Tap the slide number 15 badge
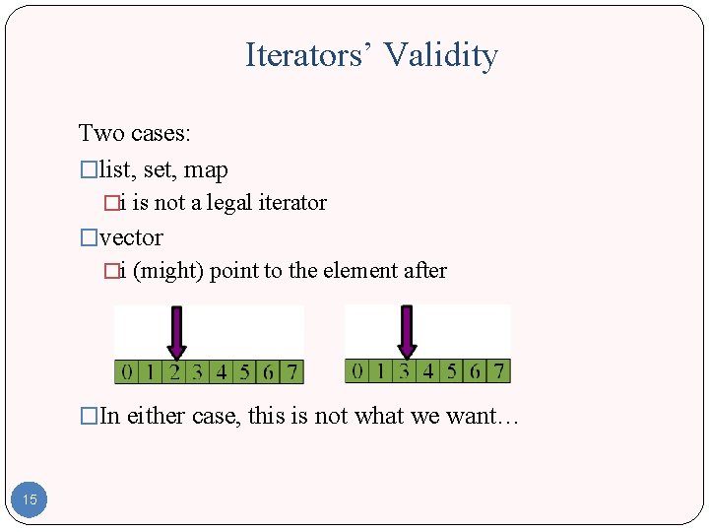(30, 499)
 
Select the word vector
(131, 237)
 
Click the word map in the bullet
(206, 170)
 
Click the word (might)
(168, 271)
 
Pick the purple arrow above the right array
(407, 331)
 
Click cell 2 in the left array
(174, 371)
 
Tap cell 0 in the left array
(126, 371)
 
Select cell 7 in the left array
(291, 371)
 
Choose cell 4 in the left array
(221, 371)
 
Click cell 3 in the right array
(404, 370)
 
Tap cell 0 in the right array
(356, 370)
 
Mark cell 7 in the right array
(499, 370)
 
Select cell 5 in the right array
(452, 370)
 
